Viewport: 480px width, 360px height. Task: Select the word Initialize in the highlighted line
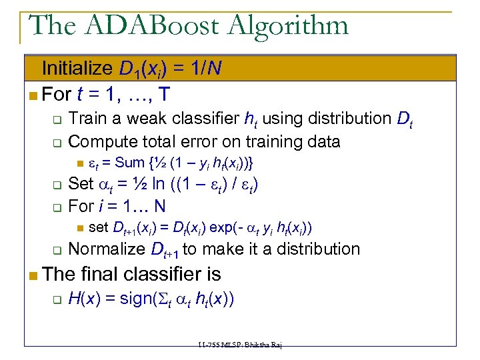pos(77,68)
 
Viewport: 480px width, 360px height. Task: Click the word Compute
pos(101,141)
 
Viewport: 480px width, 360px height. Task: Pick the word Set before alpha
pos(81,183)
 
